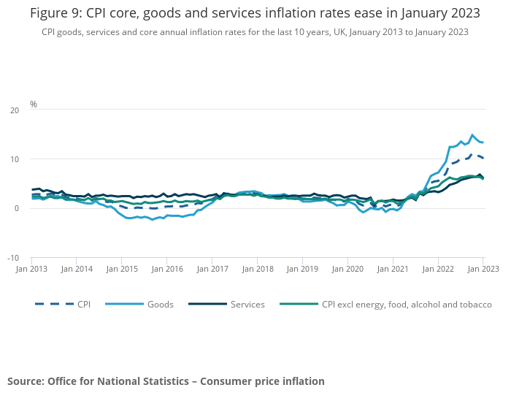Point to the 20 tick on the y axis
coord(15,110)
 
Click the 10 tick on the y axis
coord(15,159)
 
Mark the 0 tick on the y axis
coord(17,208)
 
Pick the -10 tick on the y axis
coord(13,258)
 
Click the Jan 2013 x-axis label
coord(31,269)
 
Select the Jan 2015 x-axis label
coord(122,269)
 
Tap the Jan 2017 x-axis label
coord(212,269)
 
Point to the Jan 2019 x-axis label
coord(303,269)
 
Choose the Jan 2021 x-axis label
coord(393,269)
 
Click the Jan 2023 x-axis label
coord(483,269)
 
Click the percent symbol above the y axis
coord(34,104)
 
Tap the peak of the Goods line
coord(472,135)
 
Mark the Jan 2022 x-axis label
coord(439,269)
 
